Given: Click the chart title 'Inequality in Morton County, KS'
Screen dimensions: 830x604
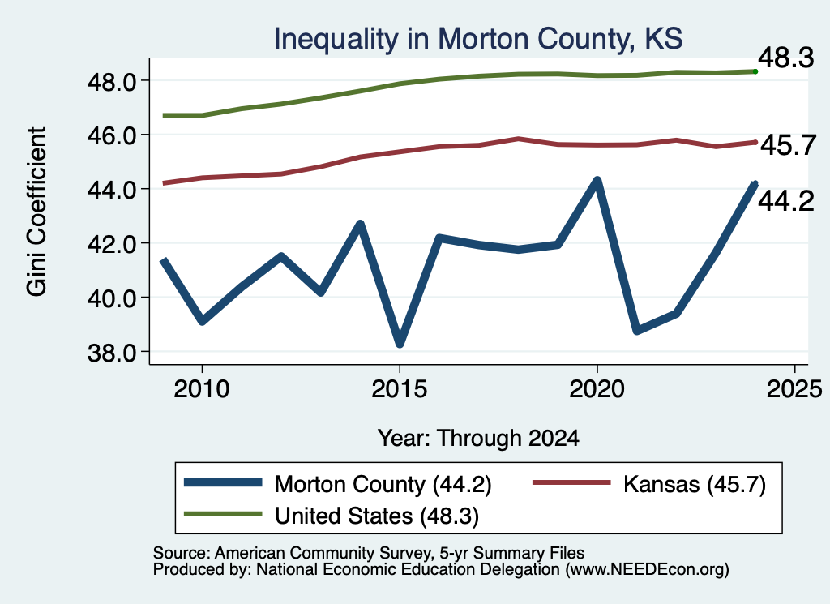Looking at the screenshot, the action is click(x=478, y=39).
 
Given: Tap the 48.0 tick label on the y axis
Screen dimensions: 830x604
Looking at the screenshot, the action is click(x=112, y=82).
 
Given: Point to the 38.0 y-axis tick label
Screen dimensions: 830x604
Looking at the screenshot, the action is click(x=112, y=353).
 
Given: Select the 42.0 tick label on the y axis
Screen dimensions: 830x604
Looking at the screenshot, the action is click(x=112, y=244).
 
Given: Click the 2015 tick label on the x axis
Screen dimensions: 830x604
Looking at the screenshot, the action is click(x=399, y=389).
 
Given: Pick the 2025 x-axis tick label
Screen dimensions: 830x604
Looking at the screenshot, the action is click(x=794, y=389).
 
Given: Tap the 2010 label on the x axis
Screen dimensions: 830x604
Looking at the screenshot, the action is click(x=202, y=389).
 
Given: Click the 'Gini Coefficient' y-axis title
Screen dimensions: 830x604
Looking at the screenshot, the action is click(x=36, y=212).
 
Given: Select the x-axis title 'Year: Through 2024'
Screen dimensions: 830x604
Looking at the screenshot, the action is click(x=478, y=439).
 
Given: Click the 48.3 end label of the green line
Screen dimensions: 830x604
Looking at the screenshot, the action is click(x=786, y=58).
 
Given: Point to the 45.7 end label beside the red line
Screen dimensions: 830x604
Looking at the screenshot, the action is click(x=788, y=145).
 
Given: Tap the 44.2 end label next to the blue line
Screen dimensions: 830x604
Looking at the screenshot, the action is click(x=786, y=202).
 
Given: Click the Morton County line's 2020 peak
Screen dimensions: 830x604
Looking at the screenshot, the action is click(x=597, y=181).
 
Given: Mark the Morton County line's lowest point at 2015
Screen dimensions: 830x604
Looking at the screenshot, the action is click(x=400, y=344).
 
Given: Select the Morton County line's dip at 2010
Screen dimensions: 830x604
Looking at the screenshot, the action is click(x=202, y=321).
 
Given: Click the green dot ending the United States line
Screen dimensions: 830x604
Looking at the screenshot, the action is click(x=755, y=71).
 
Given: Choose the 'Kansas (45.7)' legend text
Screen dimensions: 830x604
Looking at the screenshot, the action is click(x=695, y=484).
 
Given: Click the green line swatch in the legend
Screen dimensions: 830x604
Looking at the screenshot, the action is click(x=223, y=514).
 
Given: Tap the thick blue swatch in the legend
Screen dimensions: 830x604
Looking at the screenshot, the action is click(x=223, y=482).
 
